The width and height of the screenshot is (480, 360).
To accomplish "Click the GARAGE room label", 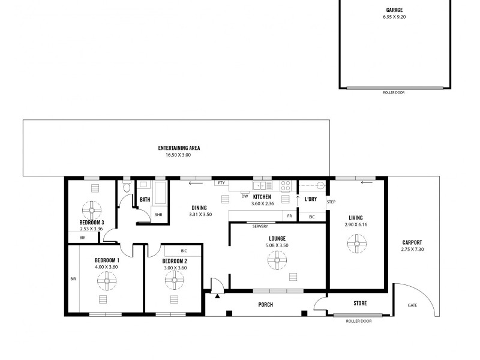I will [x=394, y=10].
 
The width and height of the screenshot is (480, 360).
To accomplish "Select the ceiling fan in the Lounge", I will [x=277, y=260].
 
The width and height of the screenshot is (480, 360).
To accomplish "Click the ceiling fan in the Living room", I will [x=356, y=243].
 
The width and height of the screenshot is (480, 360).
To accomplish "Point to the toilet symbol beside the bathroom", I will [x=126, y=188].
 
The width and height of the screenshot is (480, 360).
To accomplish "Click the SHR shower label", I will [x=158, y=214].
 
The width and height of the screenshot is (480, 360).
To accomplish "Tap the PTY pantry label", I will [x=221, y=183].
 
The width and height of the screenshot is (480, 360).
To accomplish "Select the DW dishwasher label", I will [x=244, y=196].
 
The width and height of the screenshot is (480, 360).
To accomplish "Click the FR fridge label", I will [x=289, y=215].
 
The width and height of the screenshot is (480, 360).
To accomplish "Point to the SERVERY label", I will [x=260, y=226].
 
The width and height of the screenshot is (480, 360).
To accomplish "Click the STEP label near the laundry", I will [x=331, y=202].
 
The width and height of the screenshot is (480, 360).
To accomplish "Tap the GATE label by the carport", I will [x=412, y=305].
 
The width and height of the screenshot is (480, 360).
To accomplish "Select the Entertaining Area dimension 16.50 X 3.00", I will [x=179, y=155].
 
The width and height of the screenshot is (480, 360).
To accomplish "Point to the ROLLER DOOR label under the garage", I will [x=394, y=92].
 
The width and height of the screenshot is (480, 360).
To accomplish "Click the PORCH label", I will [x=265, y=305].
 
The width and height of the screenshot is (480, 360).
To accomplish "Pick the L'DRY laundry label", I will [x=311, y=199].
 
